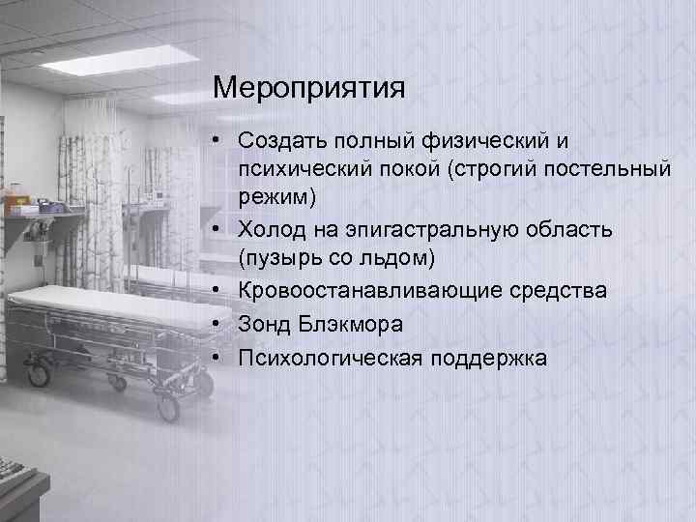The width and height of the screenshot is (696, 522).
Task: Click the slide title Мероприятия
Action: point(308,90)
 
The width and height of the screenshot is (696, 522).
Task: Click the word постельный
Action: point(615,169)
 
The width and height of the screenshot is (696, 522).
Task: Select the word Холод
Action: point(276,230)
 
